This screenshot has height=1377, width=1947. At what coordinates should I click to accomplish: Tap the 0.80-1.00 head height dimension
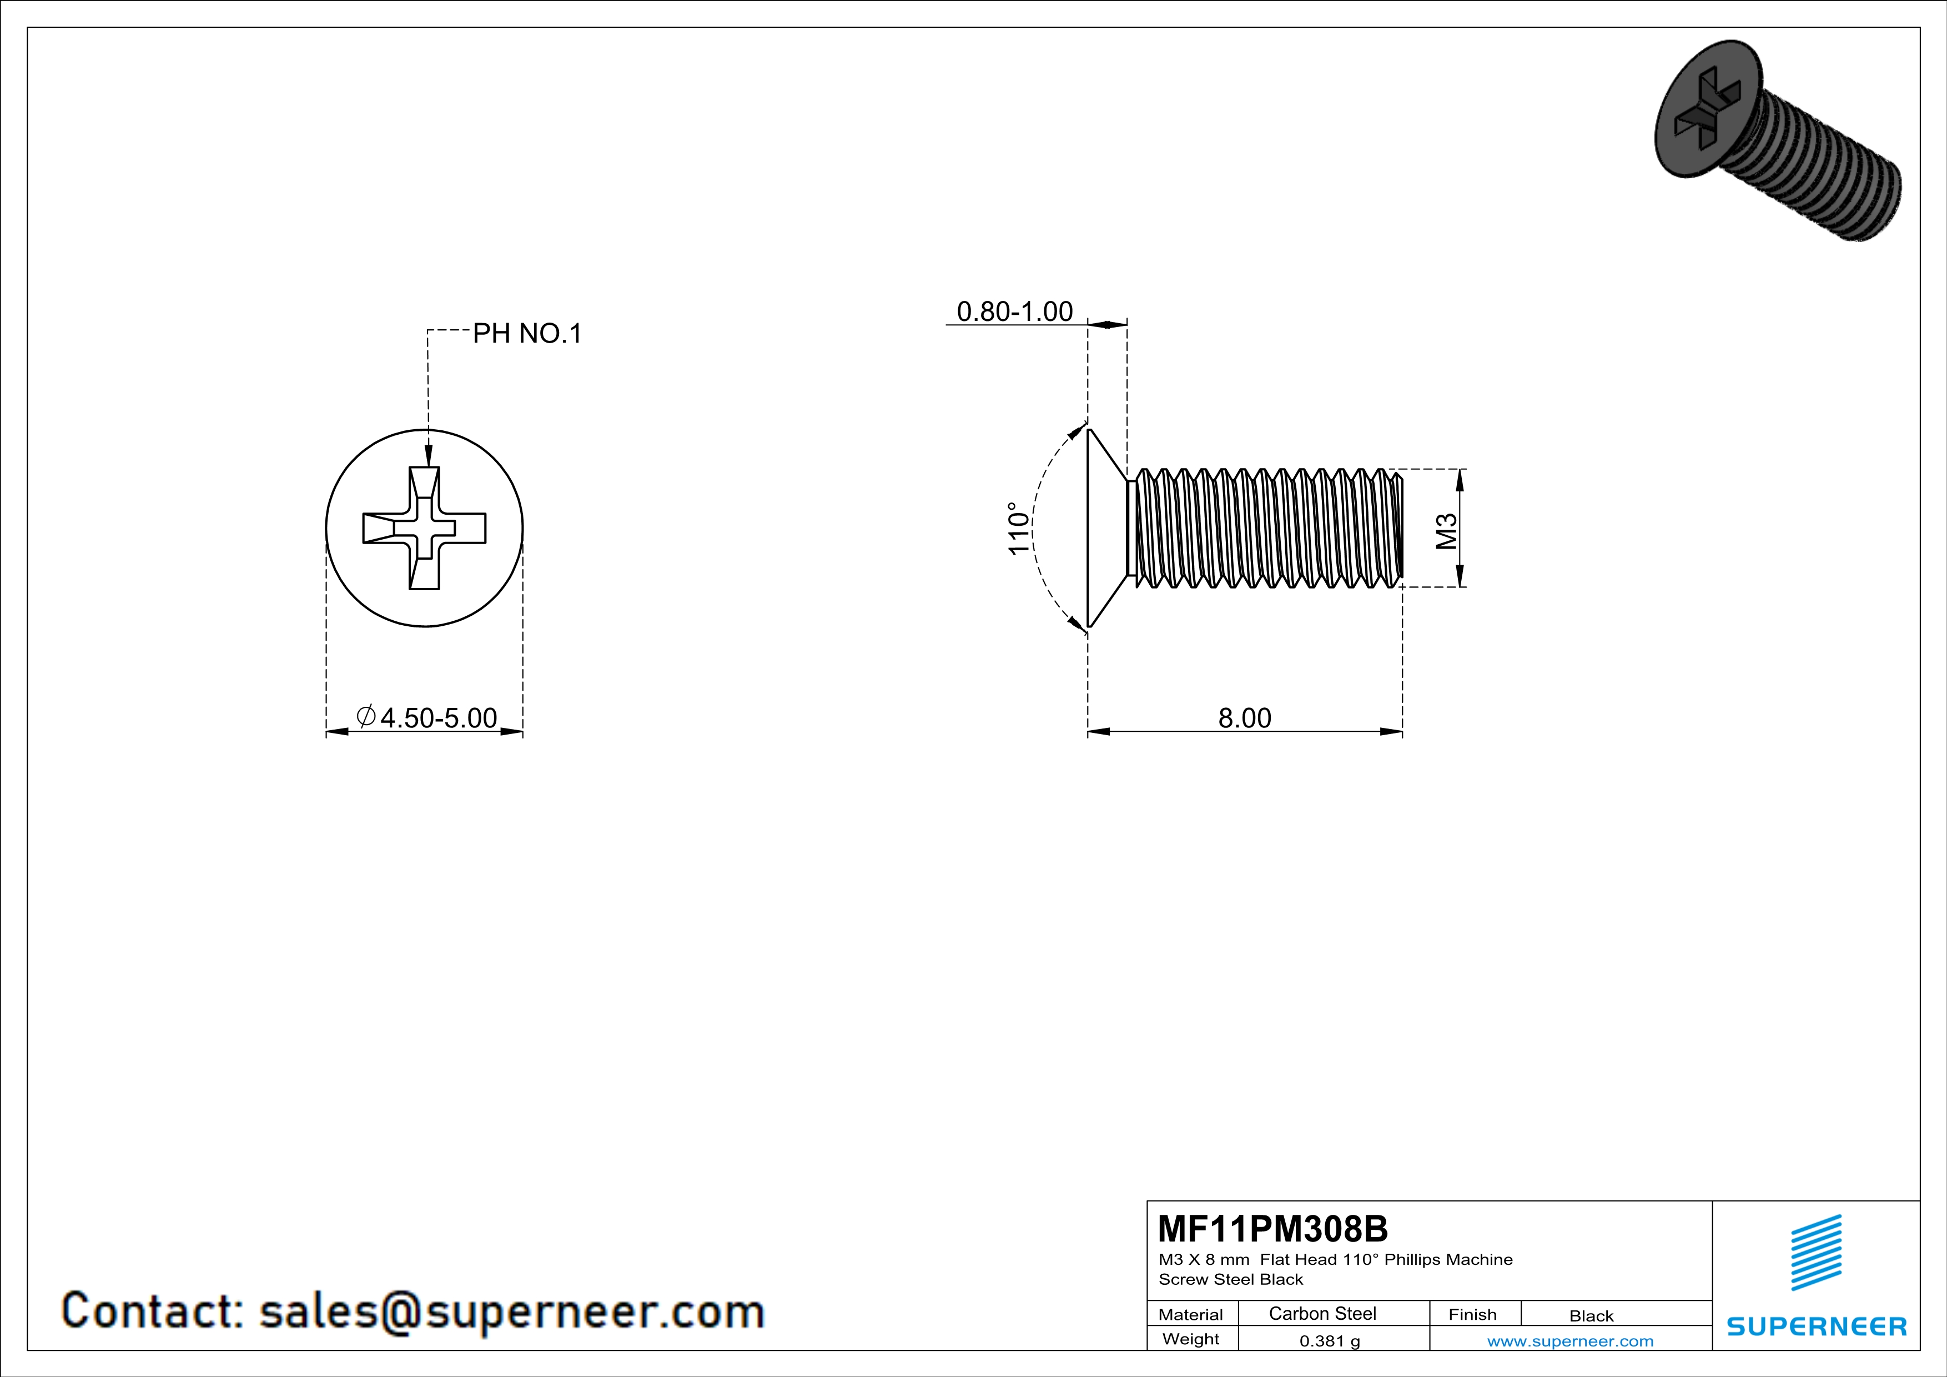click(1014, 312)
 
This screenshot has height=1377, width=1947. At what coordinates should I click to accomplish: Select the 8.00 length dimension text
click(1244, 718)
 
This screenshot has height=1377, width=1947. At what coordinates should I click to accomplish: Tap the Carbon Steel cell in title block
click(1322, 1313)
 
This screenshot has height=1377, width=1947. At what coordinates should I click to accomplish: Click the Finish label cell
click(1472, 1314)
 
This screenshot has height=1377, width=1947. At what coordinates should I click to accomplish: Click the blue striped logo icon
click(1815, 1253)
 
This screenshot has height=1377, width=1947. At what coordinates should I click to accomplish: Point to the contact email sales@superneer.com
click(511, 1311)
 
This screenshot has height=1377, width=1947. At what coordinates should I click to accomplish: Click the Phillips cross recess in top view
click(424, 528)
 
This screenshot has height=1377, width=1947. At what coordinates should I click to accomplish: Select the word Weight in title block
click(1191, 1339)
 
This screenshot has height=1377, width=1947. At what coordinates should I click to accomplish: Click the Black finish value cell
click(1591, 1316)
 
